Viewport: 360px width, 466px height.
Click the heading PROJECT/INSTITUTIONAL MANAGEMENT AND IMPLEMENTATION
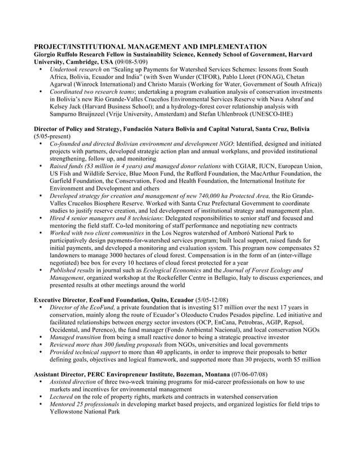click(x=150, y=46)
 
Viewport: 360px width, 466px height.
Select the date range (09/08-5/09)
click(x=131, y=61)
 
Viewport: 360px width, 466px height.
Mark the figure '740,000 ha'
click(x=205, y=195)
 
